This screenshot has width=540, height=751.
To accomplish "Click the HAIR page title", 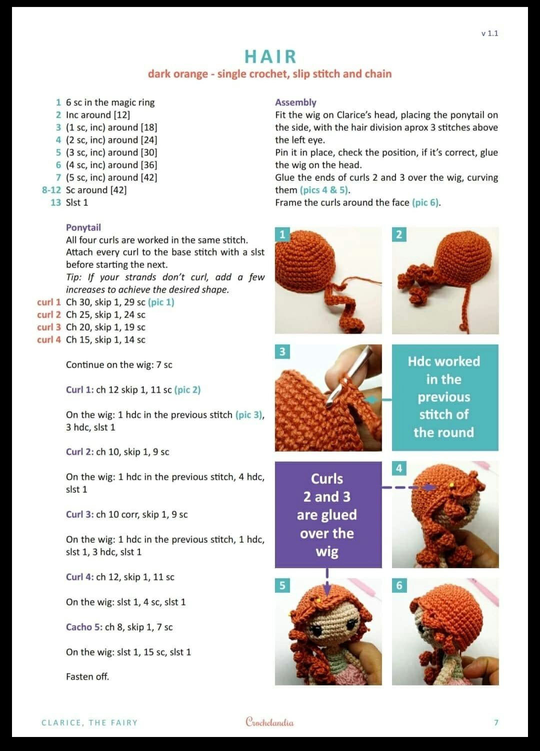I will coord(270,57).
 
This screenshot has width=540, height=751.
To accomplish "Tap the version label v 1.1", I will coord(489,34).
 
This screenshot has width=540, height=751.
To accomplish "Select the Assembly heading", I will coord(295,102).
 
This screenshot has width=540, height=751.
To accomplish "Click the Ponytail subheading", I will coord(83,227).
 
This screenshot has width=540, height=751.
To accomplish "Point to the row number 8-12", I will coord(51,190).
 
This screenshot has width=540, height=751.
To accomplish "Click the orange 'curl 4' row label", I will coord(48,339).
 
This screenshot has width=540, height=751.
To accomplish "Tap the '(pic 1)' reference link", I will coord(161,302).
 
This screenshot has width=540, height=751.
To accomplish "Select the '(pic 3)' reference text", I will coord(249,415).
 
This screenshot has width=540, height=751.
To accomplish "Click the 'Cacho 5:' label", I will coord(84,627).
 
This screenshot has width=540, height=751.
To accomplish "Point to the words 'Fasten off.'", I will coord(87,676).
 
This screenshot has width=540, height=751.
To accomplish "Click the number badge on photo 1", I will coord(282,234).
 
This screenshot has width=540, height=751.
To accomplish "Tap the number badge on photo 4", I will coord(399,468).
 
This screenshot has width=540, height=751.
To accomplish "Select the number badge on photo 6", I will coord(399,585).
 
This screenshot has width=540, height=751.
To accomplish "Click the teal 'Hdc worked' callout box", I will coord(444,397).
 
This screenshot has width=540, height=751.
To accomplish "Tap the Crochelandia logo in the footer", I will coord(269,722).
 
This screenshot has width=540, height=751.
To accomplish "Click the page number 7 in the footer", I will coord(496,722).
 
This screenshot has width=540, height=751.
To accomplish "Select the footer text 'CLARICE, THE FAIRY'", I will coord(89,722).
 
